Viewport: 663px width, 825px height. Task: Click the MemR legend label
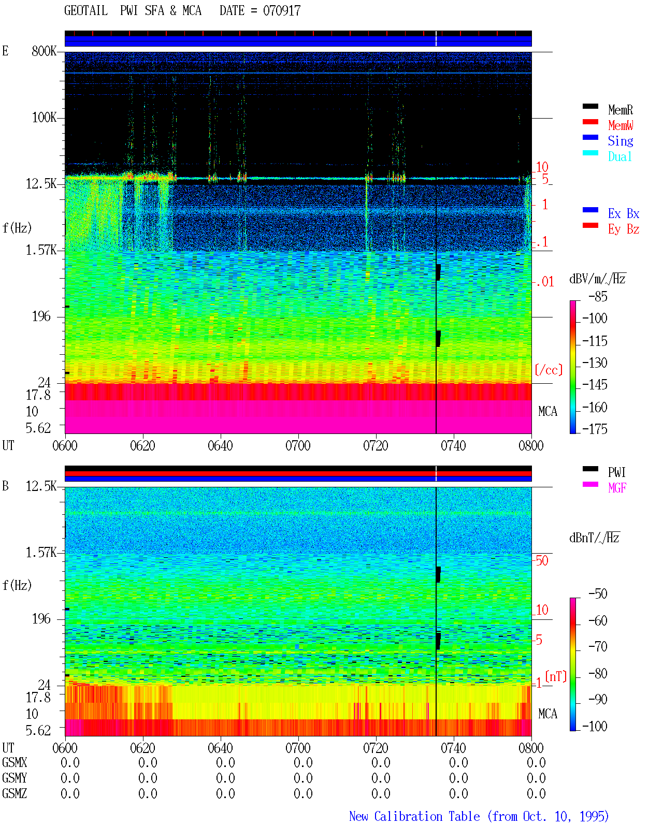(620, 110)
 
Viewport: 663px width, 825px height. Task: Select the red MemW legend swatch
(590, 122)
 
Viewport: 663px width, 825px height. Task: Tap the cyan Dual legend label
(619, 156)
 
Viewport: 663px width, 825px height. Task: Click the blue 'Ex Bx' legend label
(624, 213)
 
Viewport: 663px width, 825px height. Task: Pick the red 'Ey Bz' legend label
(624, 229)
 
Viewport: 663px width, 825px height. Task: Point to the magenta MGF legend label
(617, 488)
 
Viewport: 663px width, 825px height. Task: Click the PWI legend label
(616, 472)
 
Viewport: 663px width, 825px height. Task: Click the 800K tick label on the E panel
(44, 51)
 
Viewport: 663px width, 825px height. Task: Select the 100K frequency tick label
(44, 118)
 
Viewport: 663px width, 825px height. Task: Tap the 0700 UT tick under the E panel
(298, 445)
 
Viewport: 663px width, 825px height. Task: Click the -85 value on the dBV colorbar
(598, 296)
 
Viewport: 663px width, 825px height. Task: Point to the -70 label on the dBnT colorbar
(598, 646)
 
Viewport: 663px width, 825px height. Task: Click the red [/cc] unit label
(549, 370)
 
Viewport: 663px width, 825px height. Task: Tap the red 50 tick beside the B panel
(542, 560)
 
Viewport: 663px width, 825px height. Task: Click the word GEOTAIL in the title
(86, 11)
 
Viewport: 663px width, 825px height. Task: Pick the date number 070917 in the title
(282, 11)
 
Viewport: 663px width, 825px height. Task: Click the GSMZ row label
(15, 793)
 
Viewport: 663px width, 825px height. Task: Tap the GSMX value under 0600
(70, 762)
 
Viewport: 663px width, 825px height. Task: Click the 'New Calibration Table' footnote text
(414, 817)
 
